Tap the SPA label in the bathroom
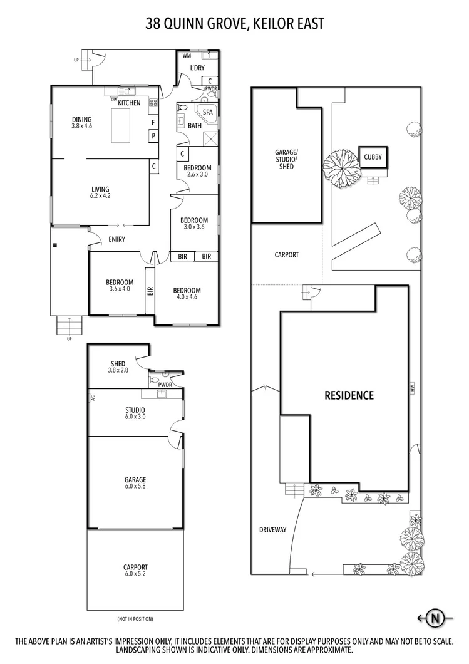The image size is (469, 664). [208, 112]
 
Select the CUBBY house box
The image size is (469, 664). [373, 158]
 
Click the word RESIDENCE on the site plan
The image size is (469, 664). [349, 395]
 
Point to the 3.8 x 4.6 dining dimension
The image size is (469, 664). [81, 127]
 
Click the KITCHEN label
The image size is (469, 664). [129, 103]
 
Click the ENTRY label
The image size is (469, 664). [116, 239]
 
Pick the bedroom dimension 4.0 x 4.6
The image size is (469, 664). [187, 298]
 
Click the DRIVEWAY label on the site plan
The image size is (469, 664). [272, 530]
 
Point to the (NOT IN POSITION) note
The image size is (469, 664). [135, 619]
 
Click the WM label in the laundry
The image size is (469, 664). [187, 56]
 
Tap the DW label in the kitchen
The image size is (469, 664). [114, 100]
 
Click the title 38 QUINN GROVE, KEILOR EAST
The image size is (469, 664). [234, 24]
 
